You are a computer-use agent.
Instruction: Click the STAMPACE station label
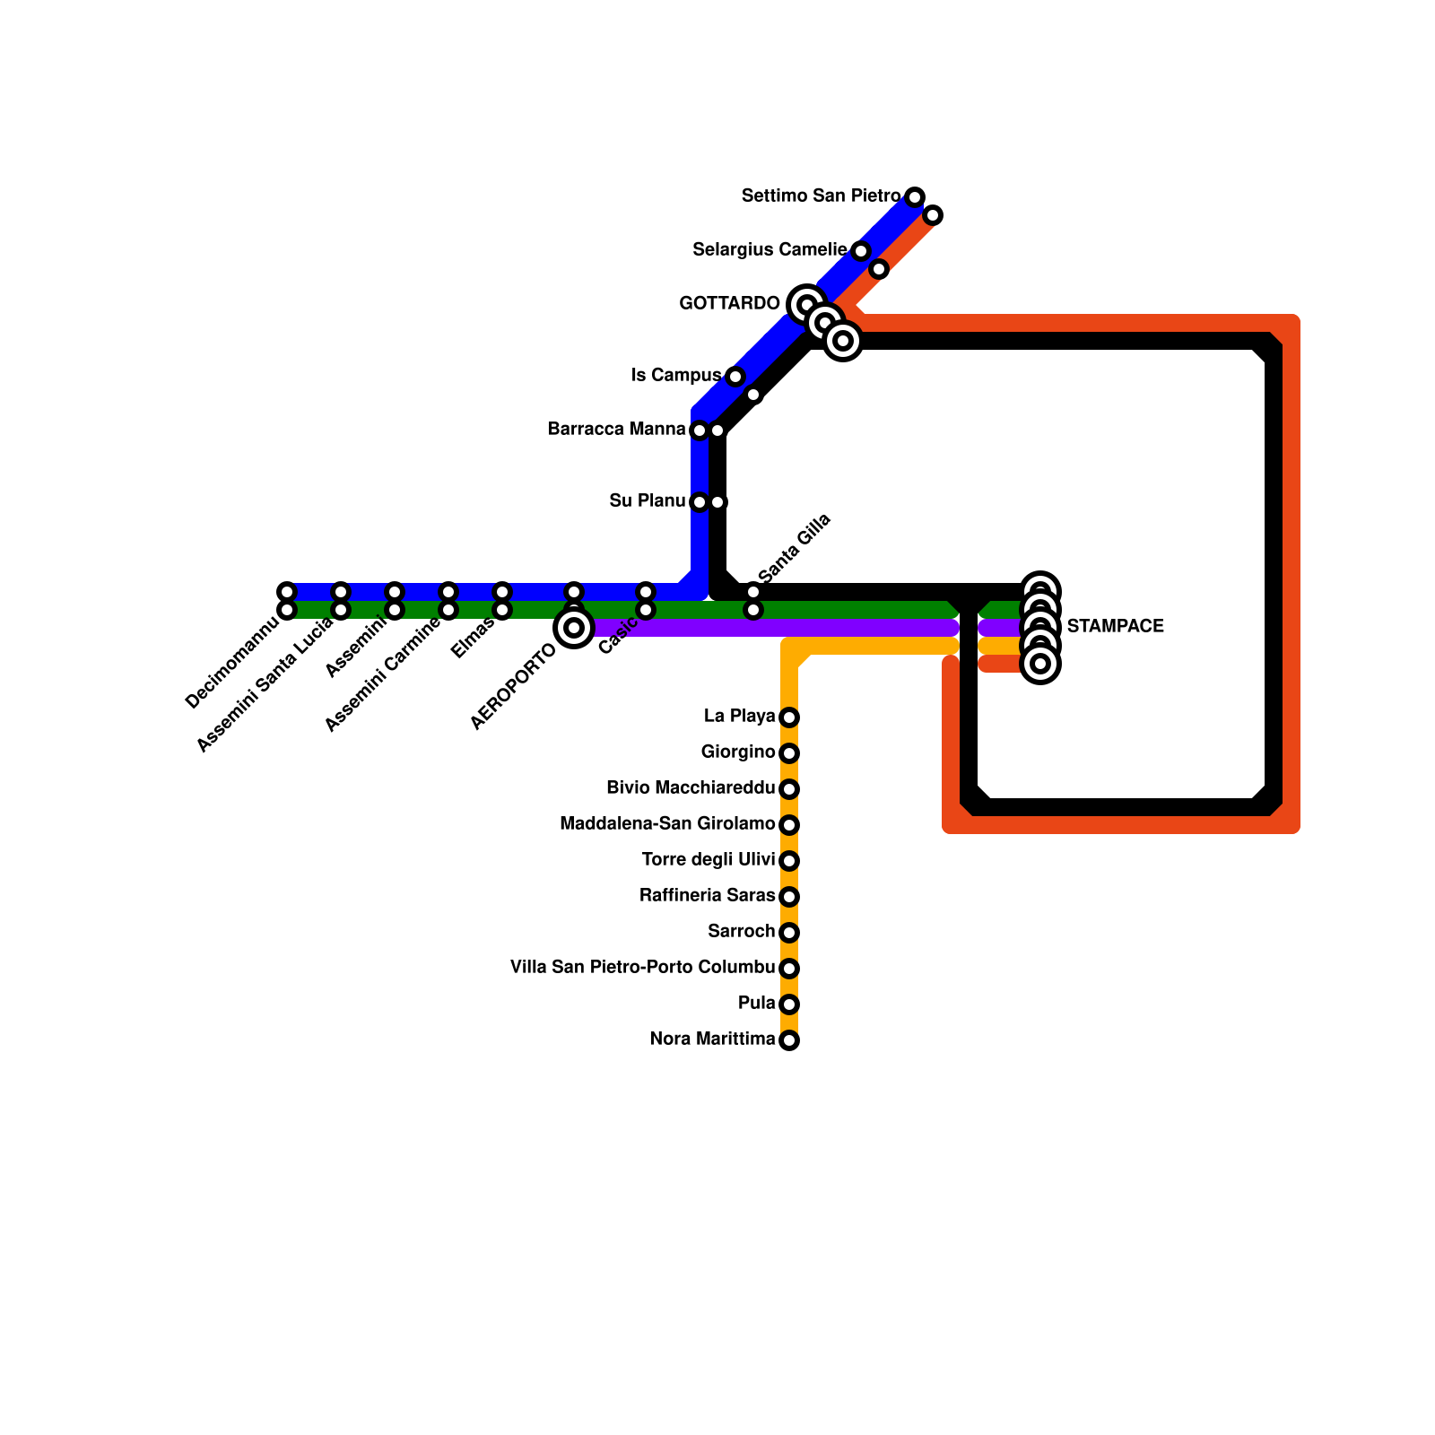1115,627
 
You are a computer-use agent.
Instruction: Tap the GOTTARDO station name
729,304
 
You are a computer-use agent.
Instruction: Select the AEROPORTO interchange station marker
574,627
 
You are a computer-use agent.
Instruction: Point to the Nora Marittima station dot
789,1040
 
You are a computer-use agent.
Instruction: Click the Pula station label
757,1004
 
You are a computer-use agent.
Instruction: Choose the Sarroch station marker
789,933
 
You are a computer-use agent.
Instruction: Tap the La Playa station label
739,717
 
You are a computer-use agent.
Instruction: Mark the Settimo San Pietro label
821,196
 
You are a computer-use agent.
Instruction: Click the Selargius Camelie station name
770,250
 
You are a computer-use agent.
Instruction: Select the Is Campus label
676,376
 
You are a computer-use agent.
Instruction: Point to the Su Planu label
647,501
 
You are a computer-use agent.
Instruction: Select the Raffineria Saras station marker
789,897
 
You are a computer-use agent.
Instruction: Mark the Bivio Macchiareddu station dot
789,789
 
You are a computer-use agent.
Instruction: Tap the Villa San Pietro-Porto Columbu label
642,968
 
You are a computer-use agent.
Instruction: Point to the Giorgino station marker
789,753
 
